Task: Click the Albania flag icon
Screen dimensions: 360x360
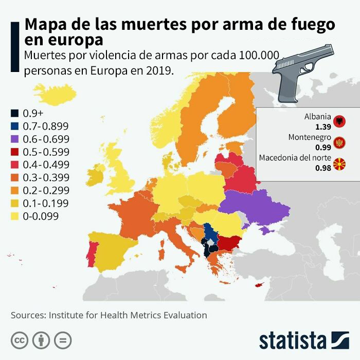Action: click(339, 121)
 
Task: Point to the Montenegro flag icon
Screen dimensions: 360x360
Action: click(339, 142)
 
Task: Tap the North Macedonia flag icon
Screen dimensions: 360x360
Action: click(339, 164)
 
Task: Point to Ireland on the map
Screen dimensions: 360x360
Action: click(96, 175)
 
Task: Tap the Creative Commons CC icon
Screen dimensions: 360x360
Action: click(20, 340)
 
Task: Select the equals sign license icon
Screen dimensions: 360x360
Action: click(63, 340)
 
